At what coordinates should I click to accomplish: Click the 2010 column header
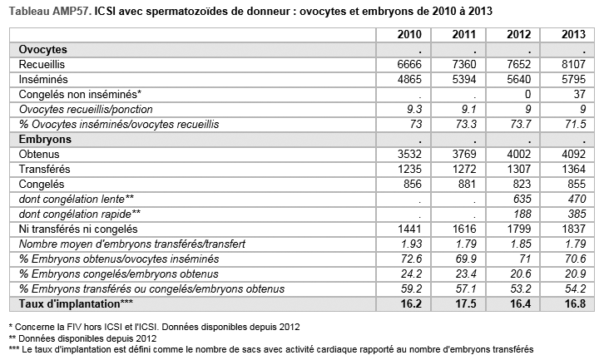point(409,35)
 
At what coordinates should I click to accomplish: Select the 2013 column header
point(573,35)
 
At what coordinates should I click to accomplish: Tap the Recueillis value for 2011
point(464,64)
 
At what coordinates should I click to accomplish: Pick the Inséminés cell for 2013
point(573,79)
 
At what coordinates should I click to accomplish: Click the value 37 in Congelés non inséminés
point(579,94)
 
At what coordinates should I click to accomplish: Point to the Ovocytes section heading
point(42,50)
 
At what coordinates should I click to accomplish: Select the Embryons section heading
point(45,140)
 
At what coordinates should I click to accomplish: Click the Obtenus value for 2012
point(519,155)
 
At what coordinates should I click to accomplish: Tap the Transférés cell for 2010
point(409,170)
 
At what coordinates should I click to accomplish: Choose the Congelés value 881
point(467,185)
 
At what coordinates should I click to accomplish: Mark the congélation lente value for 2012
point(522,199)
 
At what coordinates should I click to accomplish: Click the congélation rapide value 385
point(577,214)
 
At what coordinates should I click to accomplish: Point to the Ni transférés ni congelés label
point(78,229)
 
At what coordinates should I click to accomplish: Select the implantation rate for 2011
point(466,304)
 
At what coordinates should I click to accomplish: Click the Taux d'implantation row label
point(76,304)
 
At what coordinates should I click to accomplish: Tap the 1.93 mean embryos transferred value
point(411,244)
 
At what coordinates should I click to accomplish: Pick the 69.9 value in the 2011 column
point(466,259)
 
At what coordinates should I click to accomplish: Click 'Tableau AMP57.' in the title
point(50,11)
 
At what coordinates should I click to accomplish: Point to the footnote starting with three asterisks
point(271,349)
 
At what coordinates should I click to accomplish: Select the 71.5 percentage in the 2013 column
point(576,125)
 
